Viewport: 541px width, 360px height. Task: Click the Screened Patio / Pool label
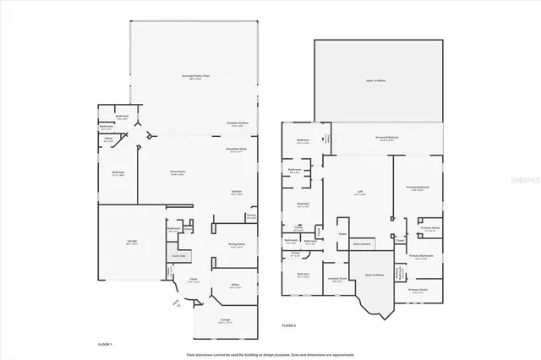[x=196, y=76]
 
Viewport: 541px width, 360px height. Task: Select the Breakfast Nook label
[x=236, y=150]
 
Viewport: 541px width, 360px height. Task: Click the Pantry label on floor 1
[x=250, y=216]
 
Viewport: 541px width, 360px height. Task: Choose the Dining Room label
[x=237, y=245]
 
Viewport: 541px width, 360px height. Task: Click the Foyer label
[x=193, y=280]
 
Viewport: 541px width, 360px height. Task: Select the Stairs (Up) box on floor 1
[x=179, y=255]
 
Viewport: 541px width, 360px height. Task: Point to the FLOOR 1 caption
[x=105, y=344]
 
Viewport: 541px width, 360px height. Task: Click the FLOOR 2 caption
[x=289, y=325]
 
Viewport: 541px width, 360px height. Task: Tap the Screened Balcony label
[x=388, y=138]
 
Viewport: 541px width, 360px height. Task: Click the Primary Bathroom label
[x=420, y=256]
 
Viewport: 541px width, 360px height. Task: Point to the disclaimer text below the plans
[x=270, y=352]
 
